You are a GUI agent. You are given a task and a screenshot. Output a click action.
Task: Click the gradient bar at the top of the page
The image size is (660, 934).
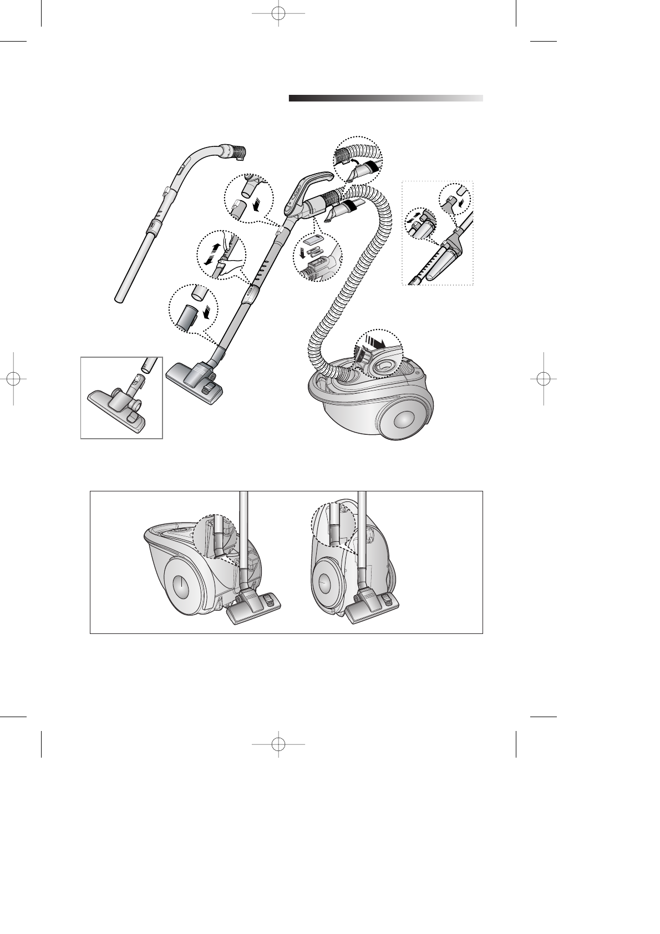(385, 98)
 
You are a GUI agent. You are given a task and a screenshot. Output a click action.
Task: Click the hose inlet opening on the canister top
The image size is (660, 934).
(383, 367)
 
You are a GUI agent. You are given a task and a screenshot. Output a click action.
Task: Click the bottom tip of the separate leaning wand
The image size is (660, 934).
(119, 300)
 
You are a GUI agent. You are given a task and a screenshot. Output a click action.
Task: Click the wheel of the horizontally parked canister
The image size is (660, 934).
(180, 586)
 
